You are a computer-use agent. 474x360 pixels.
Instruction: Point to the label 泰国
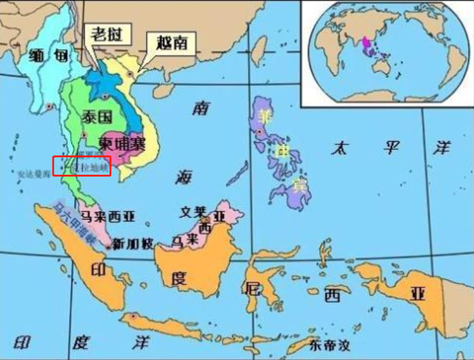tap(96, 116)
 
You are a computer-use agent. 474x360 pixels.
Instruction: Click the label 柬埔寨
tap(123, 144)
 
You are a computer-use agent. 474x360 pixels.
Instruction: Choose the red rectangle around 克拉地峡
tap(81, 167)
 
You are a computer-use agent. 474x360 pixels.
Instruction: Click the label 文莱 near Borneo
tap(193, 211)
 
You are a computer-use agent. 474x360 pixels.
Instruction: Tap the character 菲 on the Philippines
tap(264, 116)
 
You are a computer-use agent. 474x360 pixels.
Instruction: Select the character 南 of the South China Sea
tap(200, 110)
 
